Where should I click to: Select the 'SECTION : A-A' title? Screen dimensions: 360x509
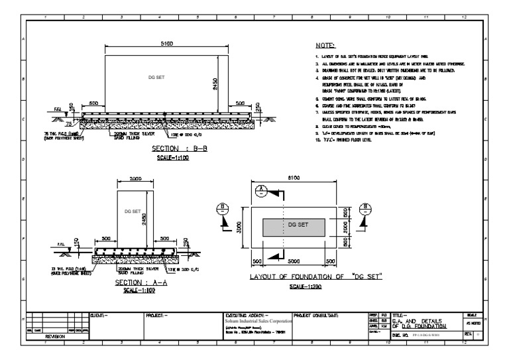[135, 282]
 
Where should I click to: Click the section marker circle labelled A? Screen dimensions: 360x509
[262, 190]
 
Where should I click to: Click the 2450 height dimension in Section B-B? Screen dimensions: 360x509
[226, 80]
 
